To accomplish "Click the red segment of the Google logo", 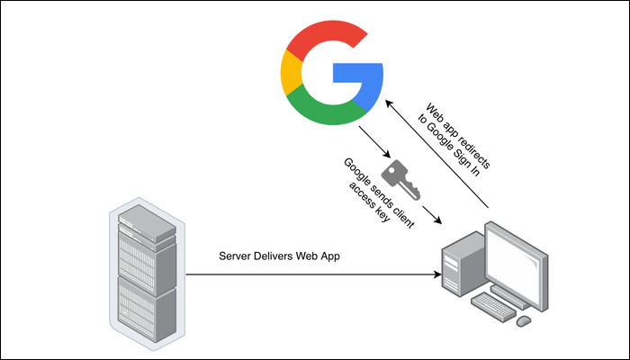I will pos(325,41).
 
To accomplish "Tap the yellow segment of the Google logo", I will pos(291,77).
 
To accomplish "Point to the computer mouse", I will pos(524,319).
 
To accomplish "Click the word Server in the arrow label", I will pos(236,256).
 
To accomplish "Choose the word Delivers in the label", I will pos(280,256).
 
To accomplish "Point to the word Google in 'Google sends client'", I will pos(355,172).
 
